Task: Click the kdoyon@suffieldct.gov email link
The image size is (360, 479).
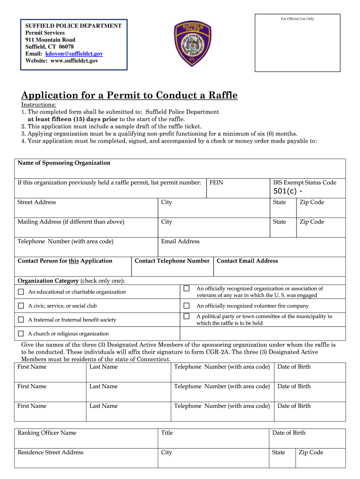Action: coord(73,54)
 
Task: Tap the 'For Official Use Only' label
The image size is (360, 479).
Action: coord(297,19)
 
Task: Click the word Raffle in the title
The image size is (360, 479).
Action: coord(220,96)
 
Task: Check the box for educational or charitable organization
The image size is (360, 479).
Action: coord(21,292)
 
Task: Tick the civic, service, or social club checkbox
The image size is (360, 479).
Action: coord(21,306)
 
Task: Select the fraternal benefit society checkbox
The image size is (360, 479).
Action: coord(21,320)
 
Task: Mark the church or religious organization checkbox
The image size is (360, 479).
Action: coord(21,334)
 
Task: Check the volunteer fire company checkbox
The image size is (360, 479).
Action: coord(186,306)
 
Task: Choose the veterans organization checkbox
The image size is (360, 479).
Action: coord(186,289)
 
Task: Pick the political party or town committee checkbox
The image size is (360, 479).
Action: coord(186,317)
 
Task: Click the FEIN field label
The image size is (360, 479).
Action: coord(216,182)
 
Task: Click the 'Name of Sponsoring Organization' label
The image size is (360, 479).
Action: coord(64,163)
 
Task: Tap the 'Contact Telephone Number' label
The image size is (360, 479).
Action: coord(172,261)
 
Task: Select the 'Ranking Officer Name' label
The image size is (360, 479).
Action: coord(47,433)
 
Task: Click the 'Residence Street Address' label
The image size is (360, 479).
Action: coord(50,452)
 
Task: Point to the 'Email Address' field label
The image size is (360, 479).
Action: coord(180,241)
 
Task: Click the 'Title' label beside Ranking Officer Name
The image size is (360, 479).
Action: coord(167,433)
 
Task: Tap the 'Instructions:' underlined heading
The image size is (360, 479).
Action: coord(39,105)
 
